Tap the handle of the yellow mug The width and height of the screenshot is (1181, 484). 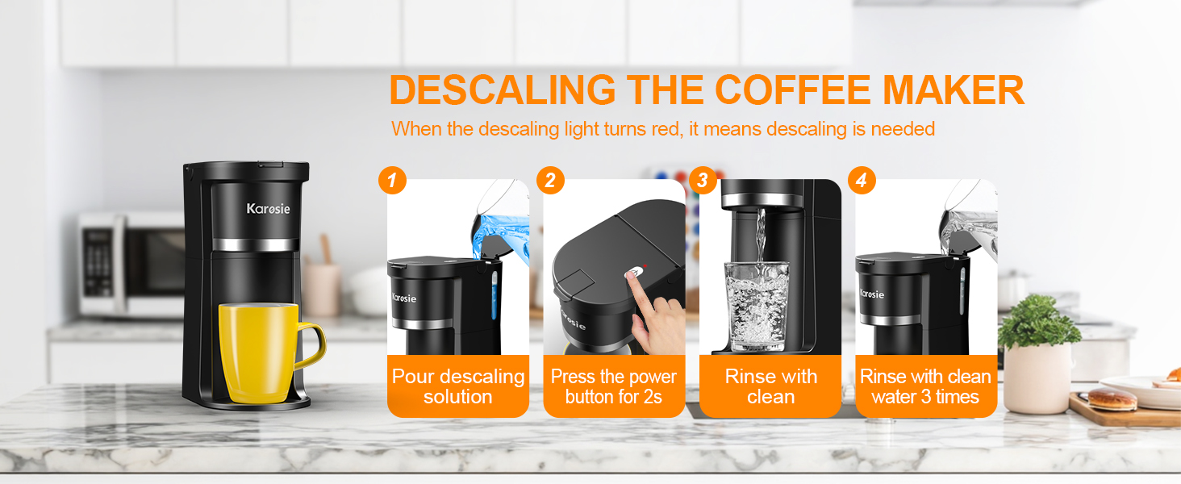click(x=311, y=347)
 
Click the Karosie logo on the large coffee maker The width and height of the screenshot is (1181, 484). click(x=268, y=210)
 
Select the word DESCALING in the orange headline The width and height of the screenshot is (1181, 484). click(x=501, y=90)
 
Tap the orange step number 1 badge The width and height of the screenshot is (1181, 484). click(x=392, y=181)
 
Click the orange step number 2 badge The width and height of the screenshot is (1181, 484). click(x=550, y=181)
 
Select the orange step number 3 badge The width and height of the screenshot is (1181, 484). click(x=703, y=181)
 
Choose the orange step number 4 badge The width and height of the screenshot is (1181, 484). click(x=861, y=181)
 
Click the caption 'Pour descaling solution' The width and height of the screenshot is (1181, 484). click(x=458, y=386)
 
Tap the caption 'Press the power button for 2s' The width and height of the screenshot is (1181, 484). click(x=613, y=386)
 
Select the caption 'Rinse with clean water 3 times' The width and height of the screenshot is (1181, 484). click(x=925, y=386)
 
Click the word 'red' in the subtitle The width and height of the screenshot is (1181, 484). click(x=666, y=129)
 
